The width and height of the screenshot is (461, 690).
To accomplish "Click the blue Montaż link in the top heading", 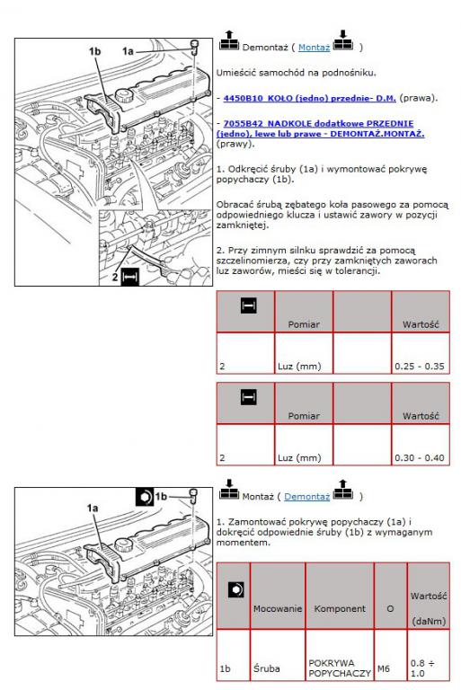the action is pyautogui.click(x=314, y=48).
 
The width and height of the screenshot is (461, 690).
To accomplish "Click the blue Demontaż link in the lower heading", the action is pyautogui.click(x=307, y=497).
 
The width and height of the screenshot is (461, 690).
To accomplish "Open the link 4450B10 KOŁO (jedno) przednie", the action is pyautogui.click(x=309, y=98).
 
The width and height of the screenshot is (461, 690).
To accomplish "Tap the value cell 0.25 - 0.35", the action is pyautogui.click(x=421, y=353).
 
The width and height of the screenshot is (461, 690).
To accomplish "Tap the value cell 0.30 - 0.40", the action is pyautogui.click(x=421, y=445).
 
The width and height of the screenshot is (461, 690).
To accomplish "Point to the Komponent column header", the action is pyautogui.click(x=340, y=608).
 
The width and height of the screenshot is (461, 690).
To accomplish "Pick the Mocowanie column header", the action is pyautogui.click(x=278, y=608).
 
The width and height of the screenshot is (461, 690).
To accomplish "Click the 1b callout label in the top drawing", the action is pyautogui.click(x=94, y=51).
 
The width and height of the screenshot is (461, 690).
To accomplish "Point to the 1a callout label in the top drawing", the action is pyautogui.click(x=128, y=51).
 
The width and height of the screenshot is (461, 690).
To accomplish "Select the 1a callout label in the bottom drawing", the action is pyautogui.click(x=93, y=509).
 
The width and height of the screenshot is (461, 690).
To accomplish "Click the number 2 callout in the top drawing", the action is pyautogui.click(x=115, y=277).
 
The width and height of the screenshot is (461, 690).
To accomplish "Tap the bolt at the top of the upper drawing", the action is pyautogui.click(x=194, y=46).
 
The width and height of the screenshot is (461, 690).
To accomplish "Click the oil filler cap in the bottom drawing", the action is pyautogui.click(x=123, y=545).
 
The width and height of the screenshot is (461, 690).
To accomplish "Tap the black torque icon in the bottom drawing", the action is pyautogui.click(x=145, y=497).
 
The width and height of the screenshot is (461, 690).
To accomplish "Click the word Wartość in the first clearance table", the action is pyautogui.click(x=421, y=324).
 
